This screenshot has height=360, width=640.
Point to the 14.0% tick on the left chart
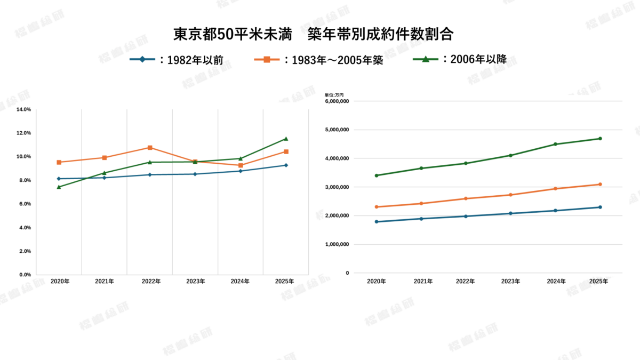[x=24, y=109]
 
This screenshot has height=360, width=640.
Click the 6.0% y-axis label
[x=24, y=204]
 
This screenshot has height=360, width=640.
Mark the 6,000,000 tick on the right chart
[x=337, y=101]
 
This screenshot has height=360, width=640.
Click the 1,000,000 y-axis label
[x=337, y=244]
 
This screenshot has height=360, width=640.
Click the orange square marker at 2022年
[x=150, y=148]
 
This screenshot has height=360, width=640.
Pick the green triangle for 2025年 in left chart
[x=286, y=139]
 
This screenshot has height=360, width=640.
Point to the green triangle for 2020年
[x=59, y=187]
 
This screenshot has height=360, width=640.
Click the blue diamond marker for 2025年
[x=286, y=165]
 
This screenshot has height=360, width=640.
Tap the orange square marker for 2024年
[x=241, y=165]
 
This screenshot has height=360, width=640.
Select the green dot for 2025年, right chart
[x=600, y=139]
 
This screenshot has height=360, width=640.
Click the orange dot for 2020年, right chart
[x=377, y=207]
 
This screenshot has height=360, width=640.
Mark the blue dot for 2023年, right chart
[x=510, y=213]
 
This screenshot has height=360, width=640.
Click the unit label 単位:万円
[x=334, y=95]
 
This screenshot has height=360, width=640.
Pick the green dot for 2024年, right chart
[x=555, y=144]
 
